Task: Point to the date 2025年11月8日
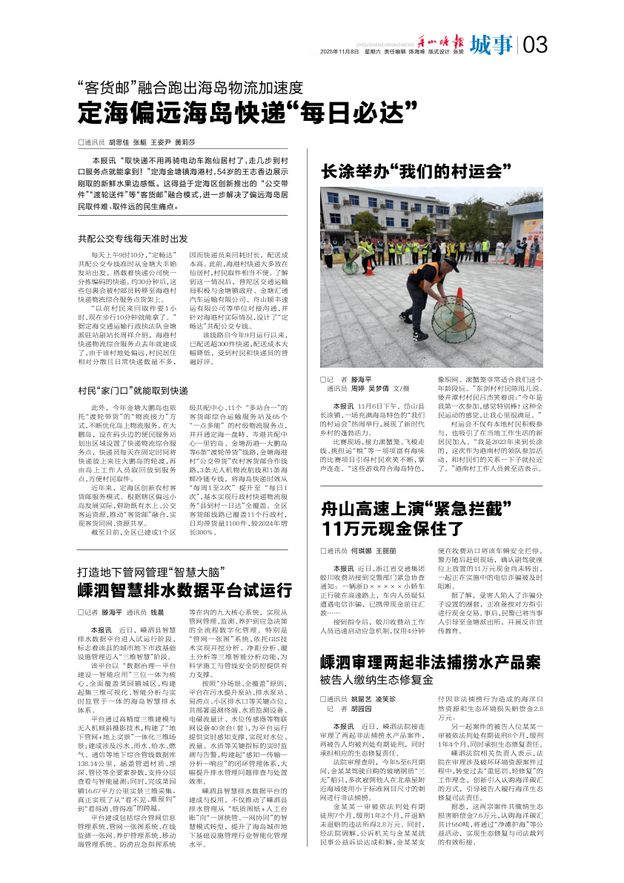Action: pyautogui.click(x=338, y=52)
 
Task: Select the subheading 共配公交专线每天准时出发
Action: pyautogui.click(x=133, y=239)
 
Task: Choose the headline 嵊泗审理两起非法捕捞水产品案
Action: pyautogui.click(x=431, y=662)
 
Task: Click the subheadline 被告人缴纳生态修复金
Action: pyautogui.click(x=376, y=679)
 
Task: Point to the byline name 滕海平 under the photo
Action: pyautogui.click(x=361, y=378)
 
